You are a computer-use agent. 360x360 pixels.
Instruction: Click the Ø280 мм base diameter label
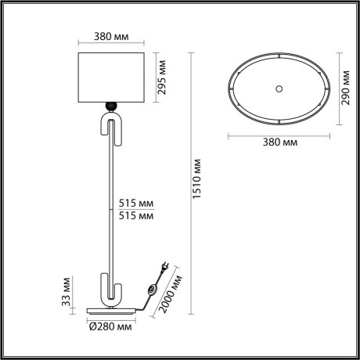(110, 326)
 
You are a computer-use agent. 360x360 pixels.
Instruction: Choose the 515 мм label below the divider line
(134, 216)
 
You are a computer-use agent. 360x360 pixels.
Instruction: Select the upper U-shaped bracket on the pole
(110, 128)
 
